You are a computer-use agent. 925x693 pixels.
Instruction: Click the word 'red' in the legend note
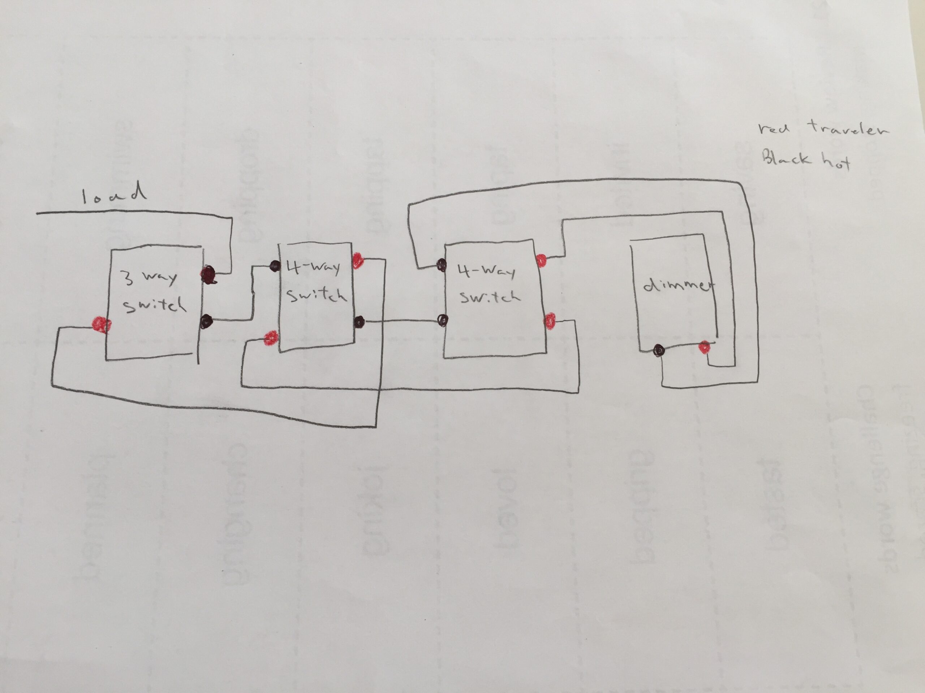(774, 128)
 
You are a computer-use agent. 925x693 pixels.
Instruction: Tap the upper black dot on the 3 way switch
(208, 275)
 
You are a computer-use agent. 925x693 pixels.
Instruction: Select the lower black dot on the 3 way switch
(206, 321)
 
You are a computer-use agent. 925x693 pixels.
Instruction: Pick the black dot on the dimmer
(659, 350)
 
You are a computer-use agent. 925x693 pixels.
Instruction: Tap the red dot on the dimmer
(704, 347)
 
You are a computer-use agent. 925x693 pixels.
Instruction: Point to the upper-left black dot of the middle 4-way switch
(275, 266)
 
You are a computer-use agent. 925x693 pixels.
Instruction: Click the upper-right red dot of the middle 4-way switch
(358, 261)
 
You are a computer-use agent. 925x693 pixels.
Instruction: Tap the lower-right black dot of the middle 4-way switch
(359, 322)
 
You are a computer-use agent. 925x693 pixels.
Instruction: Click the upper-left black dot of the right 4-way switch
(441, 265)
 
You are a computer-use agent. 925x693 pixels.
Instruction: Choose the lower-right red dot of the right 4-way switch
(550, 321)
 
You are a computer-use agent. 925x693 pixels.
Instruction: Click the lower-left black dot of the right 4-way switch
(442, 321)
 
